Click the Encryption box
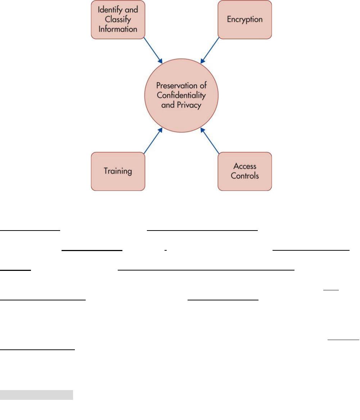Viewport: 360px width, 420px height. click(245, 19)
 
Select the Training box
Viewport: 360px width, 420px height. click(118, 171)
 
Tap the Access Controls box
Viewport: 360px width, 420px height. click(245, 171)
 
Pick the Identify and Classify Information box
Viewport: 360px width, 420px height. click(118, 19)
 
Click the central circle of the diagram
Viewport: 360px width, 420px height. click(181, 95)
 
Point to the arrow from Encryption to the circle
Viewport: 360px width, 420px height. click(210, 50)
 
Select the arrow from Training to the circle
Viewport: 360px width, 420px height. click(153, 140)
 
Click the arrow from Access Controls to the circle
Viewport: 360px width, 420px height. click(210, 140)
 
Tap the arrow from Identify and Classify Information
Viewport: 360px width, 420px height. click(153, 50)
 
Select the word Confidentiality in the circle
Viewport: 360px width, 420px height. click(181, 95)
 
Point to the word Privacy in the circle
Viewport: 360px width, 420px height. click(189, 105)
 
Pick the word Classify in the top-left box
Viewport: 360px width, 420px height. click(118, 19)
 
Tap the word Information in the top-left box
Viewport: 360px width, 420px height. click(118, 29)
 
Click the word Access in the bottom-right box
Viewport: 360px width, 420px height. click(245, 166)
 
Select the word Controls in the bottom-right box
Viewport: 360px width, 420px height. click(245, 176)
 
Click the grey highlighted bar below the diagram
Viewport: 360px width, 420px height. click(36, 395)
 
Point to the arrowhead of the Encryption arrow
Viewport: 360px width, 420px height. click(203, 61)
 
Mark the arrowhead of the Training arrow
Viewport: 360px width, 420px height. click(160, 130)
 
